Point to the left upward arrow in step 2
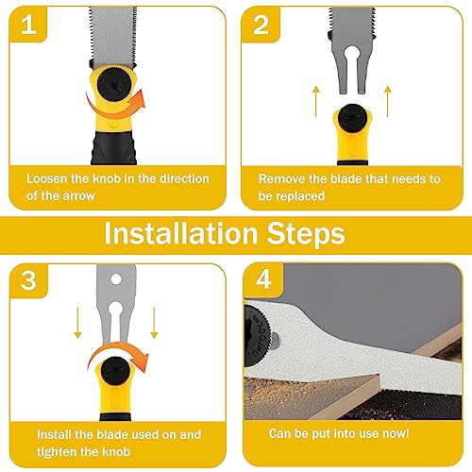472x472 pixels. click(314, 96)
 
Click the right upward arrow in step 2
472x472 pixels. click(388, 96)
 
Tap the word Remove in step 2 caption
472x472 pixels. click(280, 178)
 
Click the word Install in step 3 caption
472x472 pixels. click(56, 434)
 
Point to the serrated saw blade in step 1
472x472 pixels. click(120, 33)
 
